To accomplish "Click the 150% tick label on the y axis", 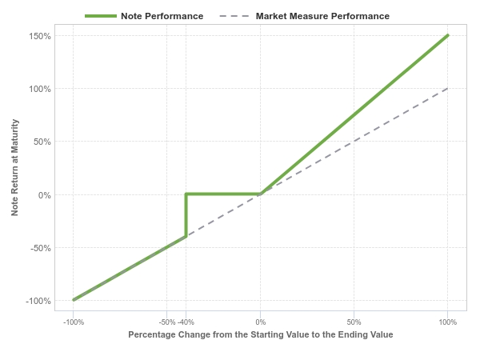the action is pyautogui.click(x=40, y=36).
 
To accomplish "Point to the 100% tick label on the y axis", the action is pyautogui.click(x=40, y=89).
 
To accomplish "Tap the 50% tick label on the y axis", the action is pyautogui.click(x=42, y=142).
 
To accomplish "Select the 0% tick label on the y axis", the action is pyautogui.click(x=44, y=195).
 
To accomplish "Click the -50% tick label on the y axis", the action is pyautogui.click(x=41, y=248).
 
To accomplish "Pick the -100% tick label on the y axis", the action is pyautogui.click(x=38, y=302).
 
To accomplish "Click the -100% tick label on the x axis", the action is pyautogui.click(x=74, y=322).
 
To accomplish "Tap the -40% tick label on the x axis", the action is pyautogui.click(x=186, y=322).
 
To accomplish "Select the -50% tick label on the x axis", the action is pyautogui.click(x=167, y=322).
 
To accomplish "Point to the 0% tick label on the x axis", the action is pyautogui.click(x=261, y=322).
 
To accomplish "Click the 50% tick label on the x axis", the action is pyautogui.click(x=354, y=322).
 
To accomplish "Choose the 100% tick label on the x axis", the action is pyautogui.click(x=447, y=322).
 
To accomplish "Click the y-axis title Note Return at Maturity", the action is pyautogui.click(x=14, y=167).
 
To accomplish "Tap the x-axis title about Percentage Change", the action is pyautogui.click(x=261, y=334).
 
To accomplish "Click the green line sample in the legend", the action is pyautogui.click(x=101, y=16).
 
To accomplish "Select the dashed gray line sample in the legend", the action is pyautogui.click(x=234, y=16).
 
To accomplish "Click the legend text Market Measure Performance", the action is pyautogui.click(x=322, y=16).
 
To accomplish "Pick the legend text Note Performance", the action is pyautogui.click(x=162, y=16).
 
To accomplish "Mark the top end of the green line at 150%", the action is pyautogui.click(x=448, y=35).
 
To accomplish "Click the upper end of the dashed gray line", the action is pyautogui.click(x=447, y=89).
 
